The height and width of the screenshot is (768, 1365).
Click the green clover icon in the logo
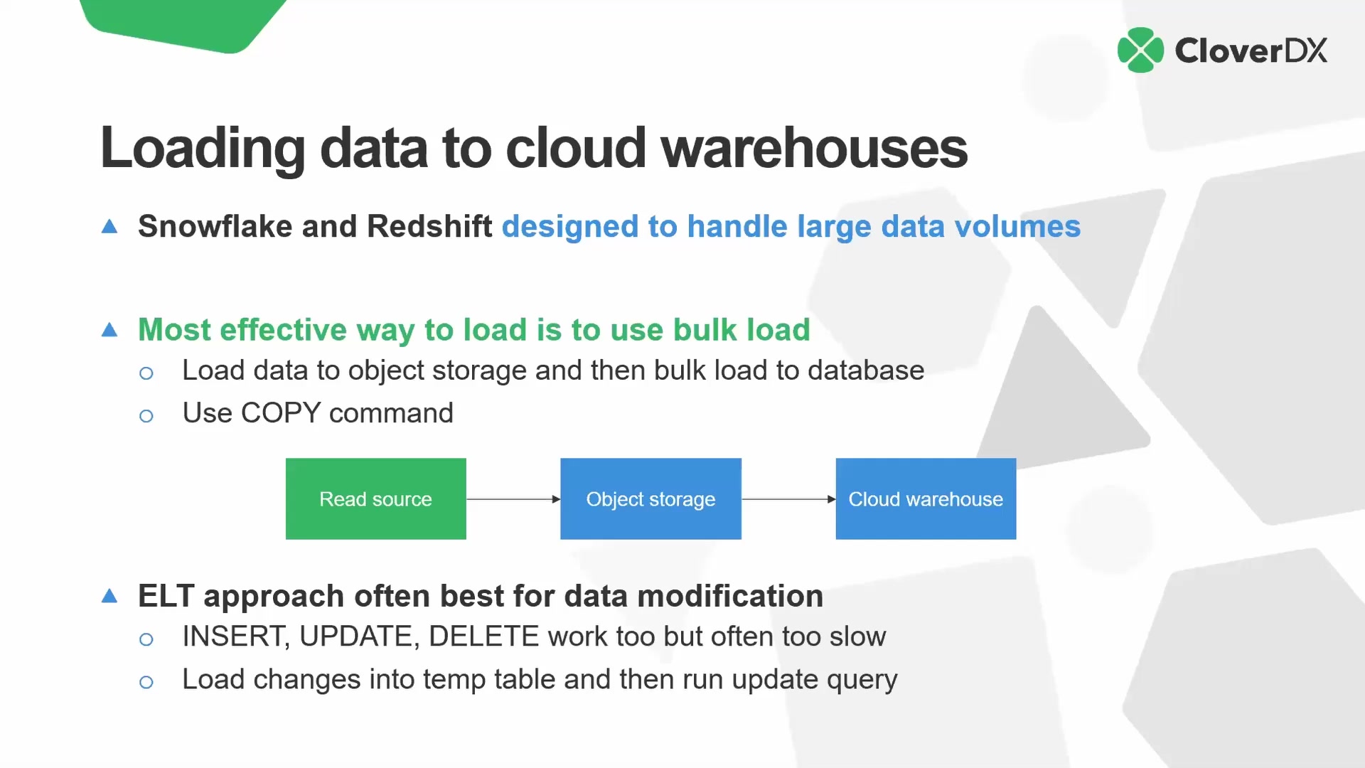(1140, 50)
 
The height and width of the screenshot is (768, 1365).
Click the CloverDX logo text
(1251, 50)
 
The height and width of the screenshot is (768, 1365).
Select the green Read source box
(375, 498)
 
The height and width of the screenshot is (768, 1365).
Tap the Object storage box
(651, 498)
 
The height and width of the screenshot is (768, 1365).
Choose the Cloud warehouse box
(926, 498)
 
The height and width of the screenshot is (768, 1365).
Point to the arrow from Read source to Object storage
(513, 499)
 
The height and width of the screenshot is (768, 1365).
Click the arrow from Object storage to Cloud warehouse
(788, 499)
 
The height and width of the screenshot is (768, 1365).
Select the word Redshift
(429, 227)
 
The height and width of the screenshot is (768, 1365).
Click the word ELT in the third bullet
(166, 596)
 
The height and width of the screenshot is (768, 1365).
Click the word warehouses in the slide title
(813, 148)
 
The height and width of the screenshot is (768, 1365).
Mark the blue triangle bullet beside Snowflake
(109, 227)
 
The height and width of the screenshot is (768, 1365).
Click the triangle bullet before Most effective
(109, 330)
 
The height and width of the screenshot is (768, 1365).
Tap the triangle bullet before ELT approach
(109, 596)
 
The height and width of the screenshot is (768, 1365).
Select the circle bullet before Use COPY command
(146, 416)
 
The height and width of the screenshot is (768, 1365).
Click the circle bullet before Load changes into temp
(146, 683)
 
